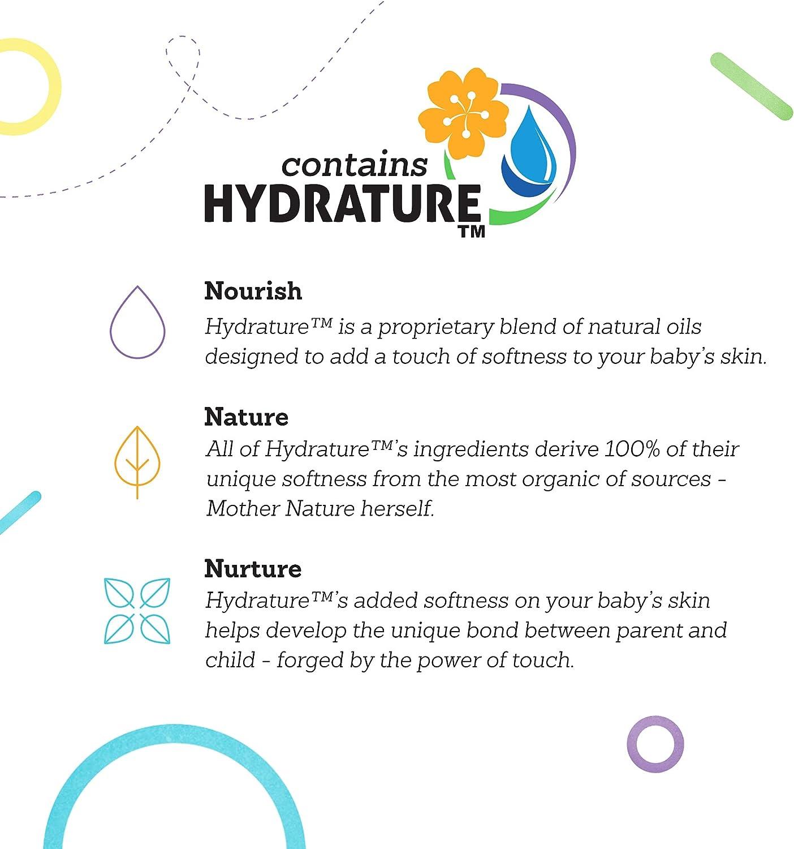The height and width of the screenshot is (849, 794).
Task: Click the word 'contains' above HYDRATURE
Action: click(x=354, y=165)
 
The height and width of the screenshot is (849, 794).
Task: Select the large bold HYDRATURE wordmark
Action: click(x=342, y=204)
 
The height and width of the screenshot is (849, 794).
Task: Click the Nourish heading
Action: click(x=253, y=291)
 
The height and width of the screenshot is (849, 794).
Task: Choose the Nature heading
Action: click(x=246, y=417)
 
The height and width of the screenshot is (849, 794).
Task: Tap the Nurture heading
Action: click(x=253, y=568)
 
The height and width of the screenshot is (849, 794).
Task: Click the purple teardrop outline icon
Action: click(x=137, y=323)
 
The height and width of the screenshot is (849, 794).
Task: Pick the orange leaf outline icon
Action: click(x=137, y=461)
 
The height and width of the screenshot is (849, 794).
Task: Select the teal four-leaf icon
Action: click(x=137, y=611)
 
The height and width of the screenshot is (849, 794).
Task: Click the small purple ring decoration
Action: click(x=655, y=743)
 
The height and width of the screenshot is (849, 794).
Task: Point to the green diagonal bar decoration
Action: click(x=751, y=86)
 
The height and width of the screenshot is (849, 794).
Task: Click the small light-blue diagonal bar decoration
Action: click(x=19, y=512)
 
